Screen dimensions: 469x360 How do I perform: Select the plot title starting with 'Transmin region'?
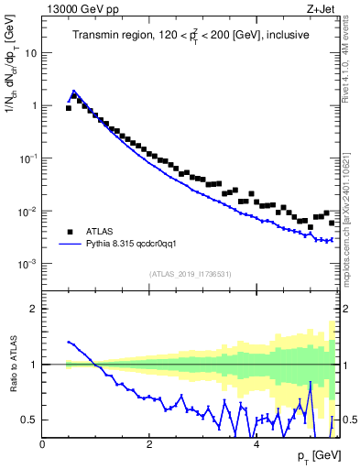[x=191, y=35]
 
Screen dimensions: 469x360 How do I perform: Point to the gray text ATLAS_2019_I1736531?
[x=191, y=274]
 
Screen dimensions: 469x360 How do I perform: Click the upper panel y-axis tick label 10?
[x=31, y=53]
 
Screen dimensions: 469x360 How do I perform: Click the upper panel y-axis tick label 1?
[x=34, y=105]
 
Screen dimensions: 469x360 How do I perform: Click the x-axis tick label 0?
[x=43, y=444]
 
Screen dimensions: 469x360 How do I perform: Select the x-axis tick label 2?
[x=149, y=444]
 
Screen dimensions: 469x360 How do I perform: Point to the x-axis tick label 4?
[x=256, y=444]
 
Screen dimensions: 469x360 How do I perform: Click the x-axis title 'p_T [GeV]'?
[x=315, y=456]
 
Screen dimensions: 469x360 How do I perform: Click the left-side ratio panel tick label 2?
[x=34, y=309]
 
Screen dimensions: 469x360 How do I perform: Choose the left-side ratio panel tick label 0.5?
[x=30, y=420]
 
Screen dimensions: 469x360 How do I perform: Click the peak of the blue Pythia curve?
[x=73, y=92]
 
